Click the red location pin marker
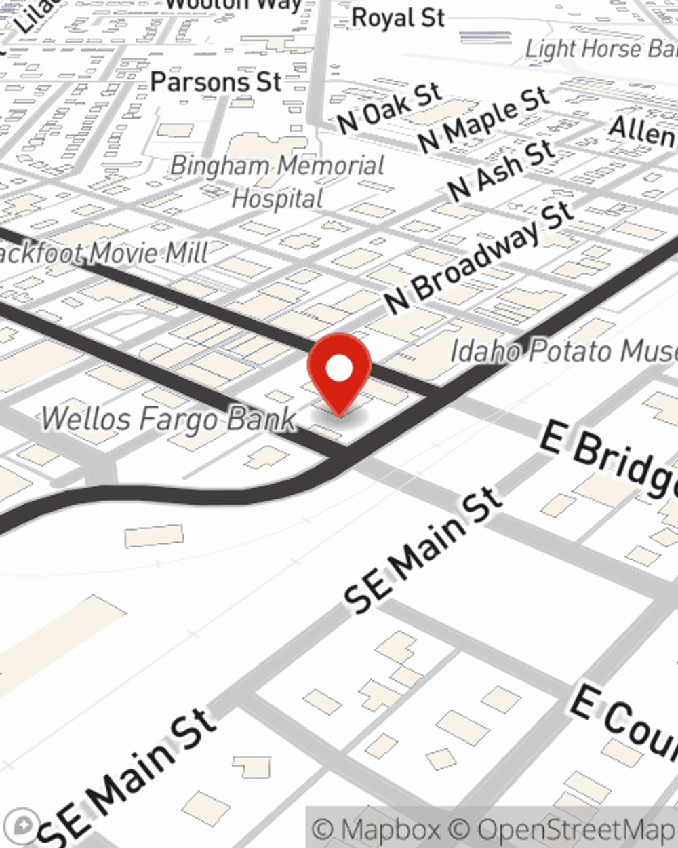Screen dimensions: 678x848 (x=339, y=373)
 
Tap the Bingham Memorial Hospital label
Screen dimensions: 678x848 (x=277, y=182)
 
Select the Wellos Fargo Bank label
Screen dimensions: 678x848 (x=169, y=419)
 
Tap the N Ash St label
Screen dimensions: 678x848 (x=501, y=172)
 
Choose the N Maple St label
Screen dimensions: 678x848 (x=483, y=120)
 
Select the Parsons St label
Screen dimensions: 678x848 (x=216, y=82)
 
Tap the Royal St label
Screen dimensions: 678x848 (x=398, y=18)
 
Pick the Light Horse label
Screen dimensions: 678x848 (x=601, y=49)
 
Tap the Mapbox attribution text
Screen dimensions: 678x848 (x=376, y=829)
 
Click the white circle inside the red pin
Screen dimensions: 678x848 (x=339, y=368)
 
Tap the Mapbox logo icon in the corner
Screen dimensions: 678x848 (x=24, y=825)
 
